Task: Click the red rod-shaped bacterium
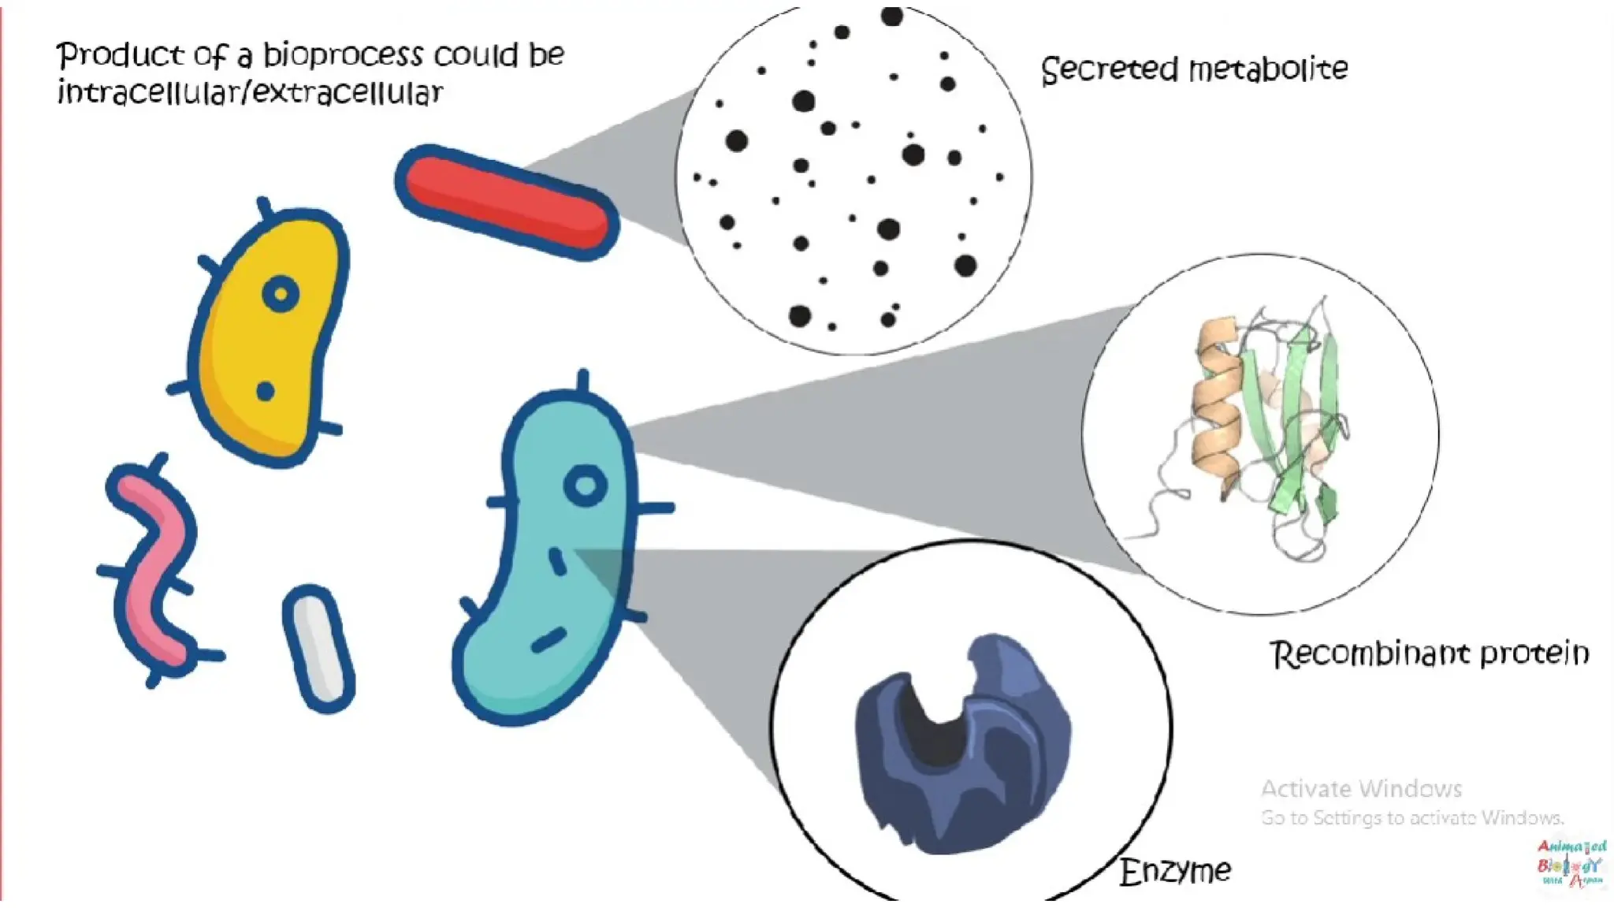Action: (506, 202)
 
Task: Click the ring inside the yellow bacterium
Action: (280, 295)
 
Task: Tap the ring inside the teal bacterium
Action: (586, 486)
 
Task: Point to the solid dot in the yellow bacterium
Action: (266, 391)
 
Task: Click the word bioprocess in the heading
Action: (343, 55)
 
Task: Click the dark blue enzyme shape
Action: (961, 749)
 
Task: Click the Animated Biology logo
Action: (1570, 864)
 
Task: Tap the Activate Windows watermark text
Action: (1361, 789)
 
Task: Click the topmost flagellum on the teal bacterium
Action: (583, 381)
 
